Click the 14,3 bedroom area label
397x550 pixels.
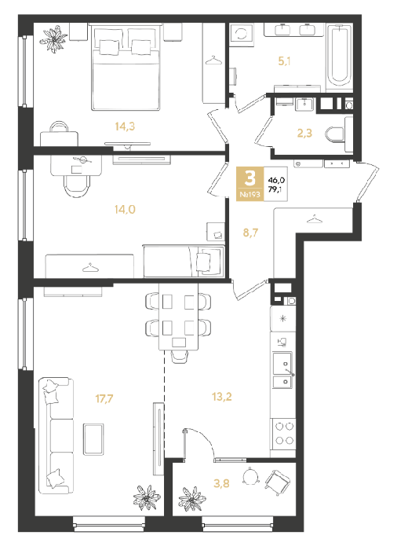[125, 126]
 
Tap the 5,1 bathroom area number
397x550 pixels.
[284, 61]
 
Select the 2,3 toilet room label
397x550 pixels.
[304, 134]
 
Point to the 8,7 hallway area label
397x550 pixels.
[250, 233]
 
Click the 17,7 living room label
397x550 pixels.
[104, 398]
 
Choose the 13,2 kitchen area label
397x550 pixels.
[222, 397]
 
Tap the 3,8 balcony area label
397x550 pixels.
[221, 483]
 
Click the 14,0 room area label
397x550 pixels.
[125, 210]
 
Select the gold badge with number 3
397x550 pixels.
[249, 184]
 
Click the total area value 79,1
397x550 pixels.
[275, 190]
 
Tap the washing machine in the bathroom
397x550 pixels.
[241, 34]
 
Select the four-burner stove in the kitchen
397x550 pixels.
[284, 433]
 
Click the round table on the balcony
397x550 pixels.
[250, 476]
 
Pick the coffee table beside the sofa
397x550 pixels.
[93, 439]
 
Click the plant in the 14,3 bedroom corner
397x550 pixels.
[54, 39]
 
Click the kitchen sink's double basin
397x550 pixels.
[282, 370]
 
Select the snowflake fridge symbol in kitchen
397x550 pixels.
[282, 319]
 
